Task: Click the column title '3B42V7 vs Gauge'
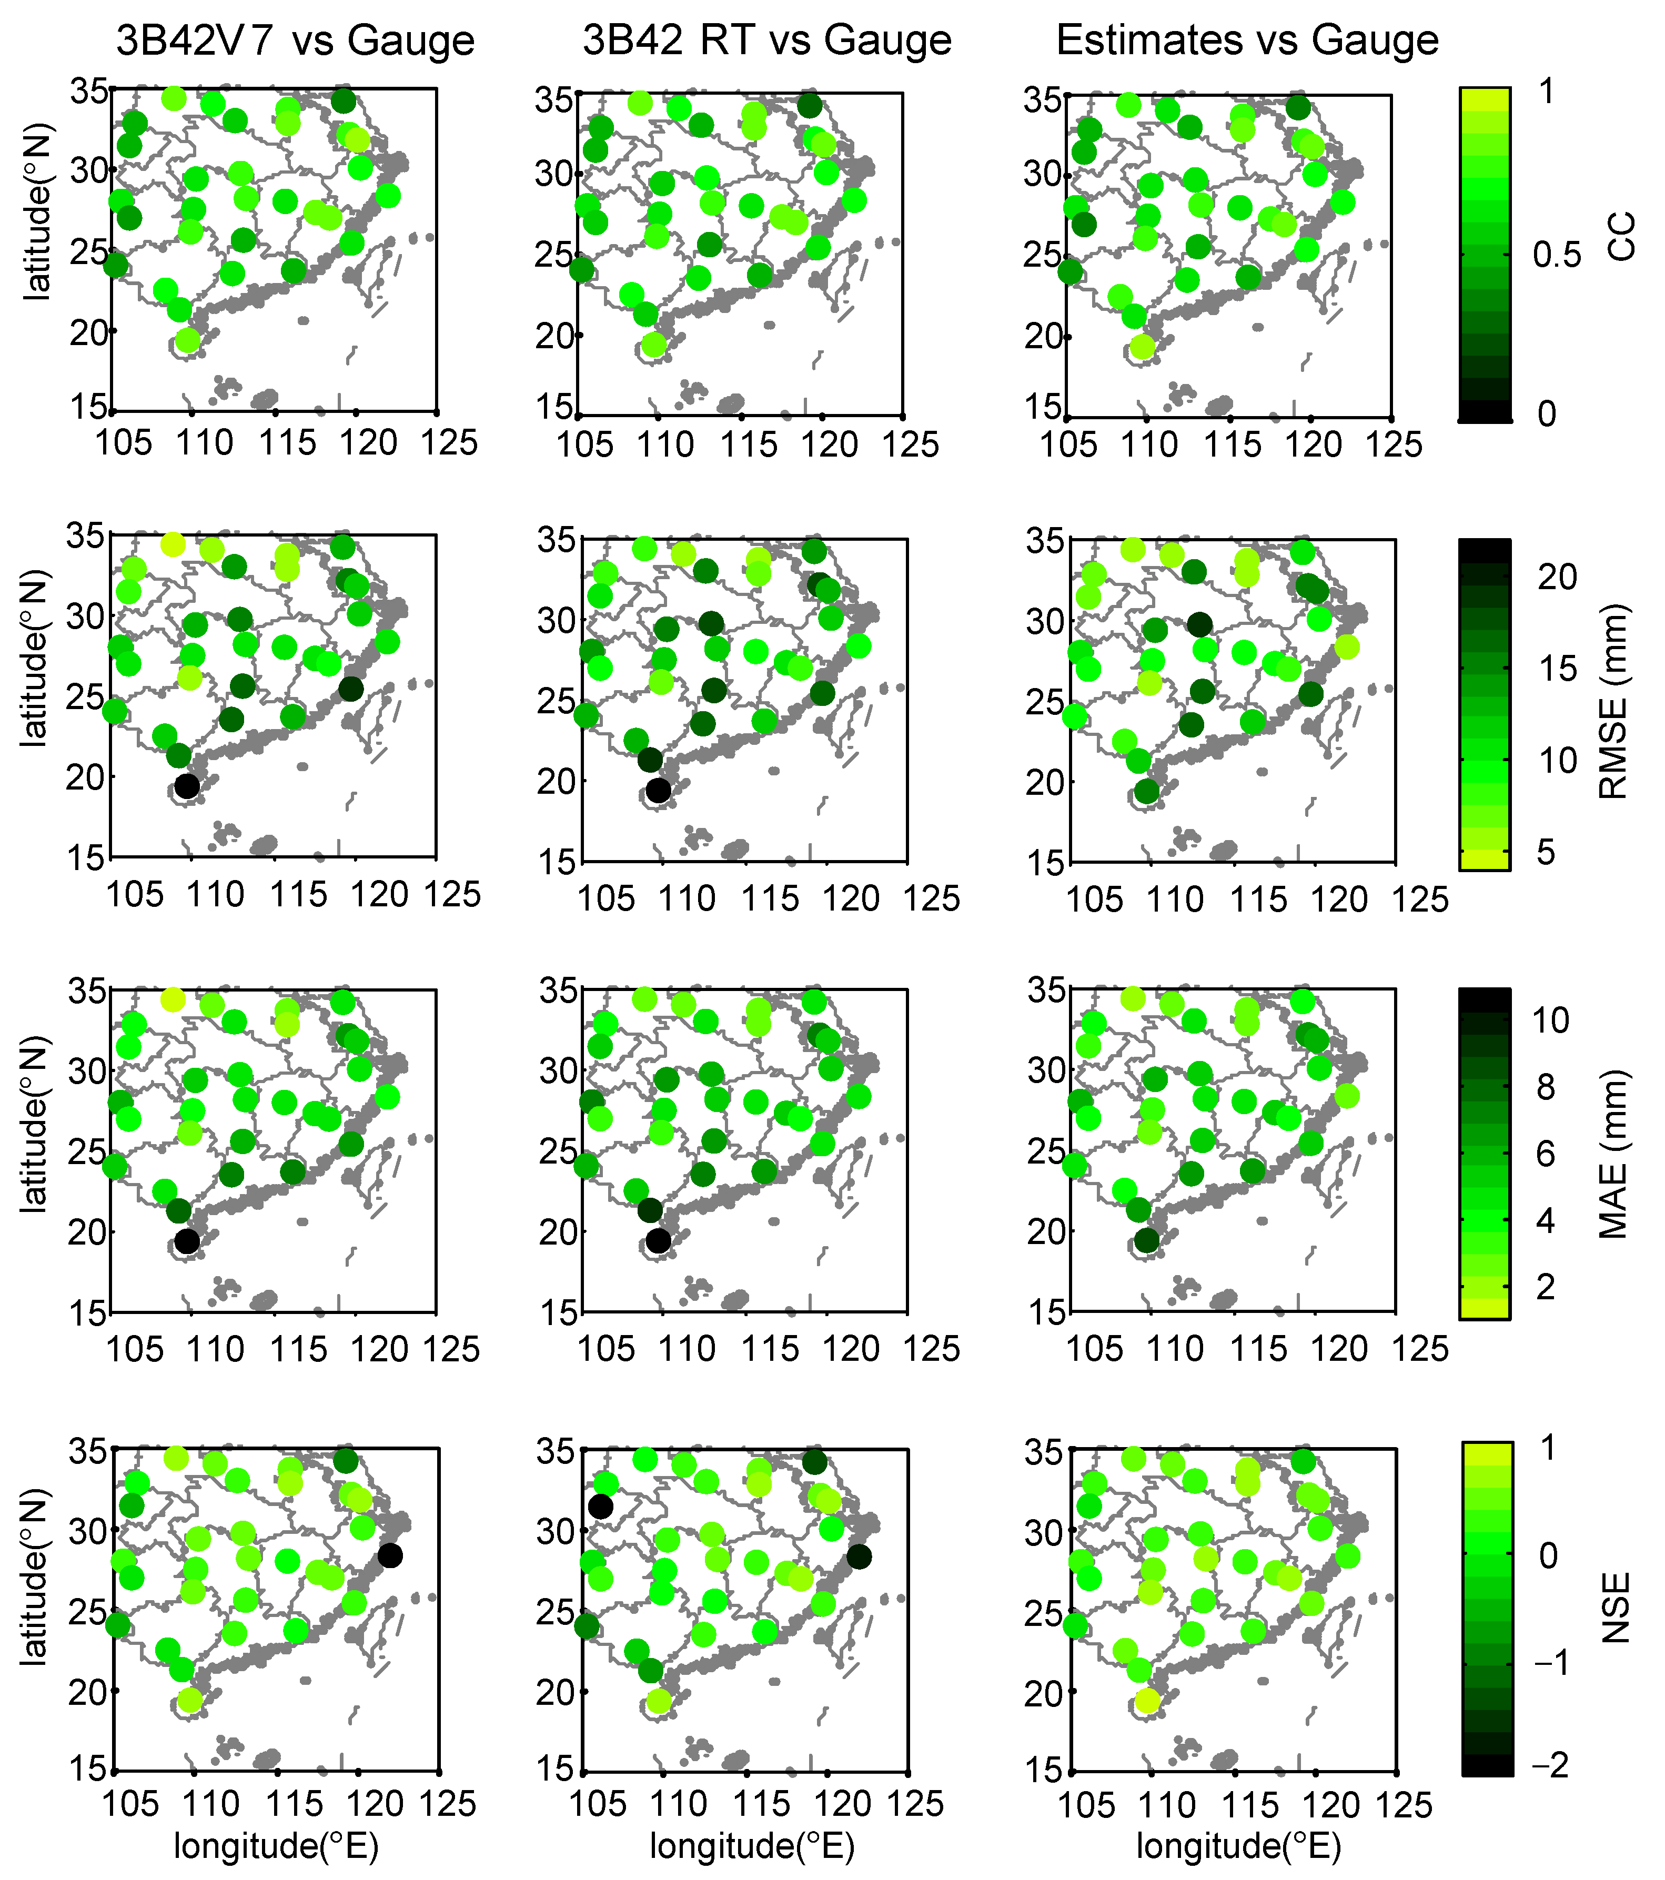pos(295,41)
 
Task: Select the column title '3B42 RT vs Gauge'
pos(767,41)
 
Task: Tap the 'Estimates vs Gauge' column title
pos(1247,41)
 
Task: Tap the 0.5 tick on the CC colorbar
pos(1557,255)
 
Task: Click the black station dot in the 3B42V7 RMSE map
pos(187,786)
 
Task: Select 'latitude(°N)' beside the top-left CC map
pos(37,211)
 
